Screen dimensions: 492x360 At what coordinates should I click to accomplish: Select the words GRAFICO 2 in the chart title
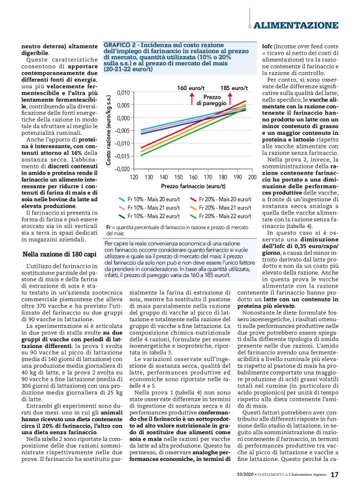[x=121, y=46]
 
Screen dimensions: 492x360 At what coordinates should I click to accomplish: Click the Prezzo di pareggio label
[x=212, y=101]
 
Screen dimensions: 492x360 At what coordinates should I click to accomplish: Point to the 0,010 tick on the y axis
[x=122, y=93]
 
